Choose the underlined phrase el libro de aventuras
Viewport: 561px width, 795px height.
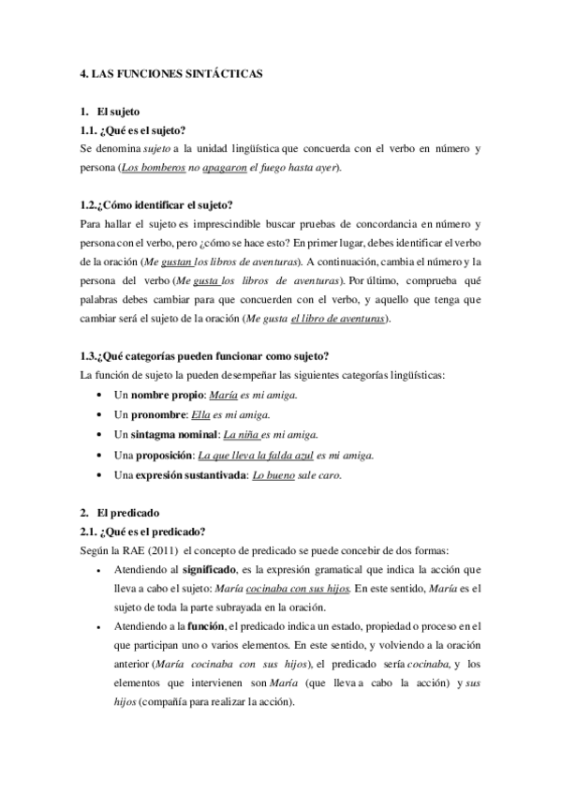point(337,319)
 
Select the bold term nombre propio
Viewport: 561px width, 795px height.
point(165,395)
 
